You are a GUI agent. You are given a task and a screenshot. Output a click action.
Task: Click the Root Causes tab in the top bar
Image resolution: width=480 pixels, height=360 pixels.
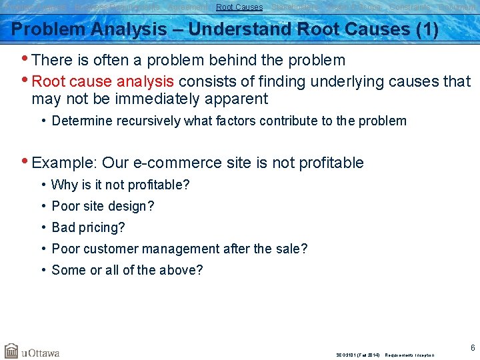click(x=239, y=7)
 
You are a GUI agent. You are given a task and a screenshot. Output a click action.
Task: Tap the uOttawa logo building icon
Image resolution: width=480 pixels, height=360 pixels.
click(x=11, y=351)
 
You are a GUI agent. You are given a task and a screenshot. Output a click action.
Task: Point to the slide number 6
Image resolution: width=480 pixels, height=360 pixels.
click(x=472, y=347)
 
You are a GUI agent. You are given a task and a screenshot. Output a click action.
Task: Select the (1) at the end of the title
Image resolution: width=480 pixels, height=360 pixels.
click(x=425, y=30)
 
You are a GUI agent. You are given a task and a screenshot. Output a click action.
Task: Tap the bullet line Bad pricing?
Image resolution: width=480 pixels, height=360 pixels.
click(x=88, y=227)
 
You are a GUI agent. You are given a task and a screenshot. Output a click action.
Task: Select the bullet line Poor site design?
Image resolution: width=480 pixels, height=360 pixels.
click(x=103, y=206)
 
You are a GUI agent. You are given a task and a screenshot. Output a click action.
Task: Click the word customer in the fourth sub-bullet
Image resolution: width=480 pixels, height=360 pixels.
click(x=112, y=249)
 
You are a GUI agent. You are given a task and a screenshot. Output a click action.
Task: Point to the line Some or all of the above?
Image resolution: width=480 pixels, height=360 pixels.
click(x=127, y=270)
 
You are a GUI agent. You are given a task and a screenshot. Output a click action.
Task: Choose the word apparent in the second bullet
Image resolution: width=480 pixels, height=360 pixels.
click(x=234, y=99)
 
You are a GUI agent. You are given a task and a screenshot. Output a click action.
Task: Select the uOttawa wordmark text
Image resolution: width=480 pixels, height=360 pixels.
click(x=41, y=352)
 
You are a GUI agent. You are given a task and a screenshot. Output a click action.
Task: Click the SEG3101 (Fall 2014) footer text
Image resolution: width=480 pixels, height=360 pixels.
click(x=359, y=355)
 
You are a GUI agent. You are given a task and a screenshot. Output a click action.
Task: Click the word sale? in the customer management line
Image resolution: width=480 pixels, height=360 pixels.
click(x=290, y=249)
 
